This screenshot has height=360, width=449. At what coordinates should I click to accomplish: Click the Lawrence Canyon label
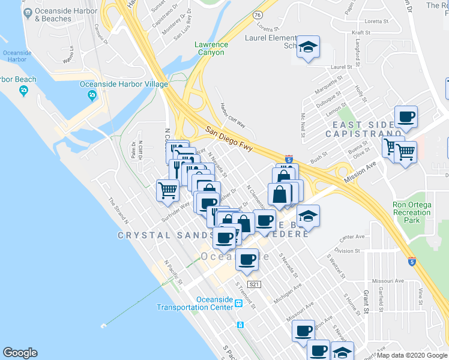pyautogui.click(x=211, y=48)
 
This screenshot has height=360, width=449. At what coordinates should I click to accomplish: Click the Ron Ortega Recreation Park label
pyautogui.click(x=412, y=212)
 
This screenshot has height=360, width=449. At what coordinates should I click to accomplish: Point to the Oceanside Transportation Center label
pyautogui.click(x=194, y=304)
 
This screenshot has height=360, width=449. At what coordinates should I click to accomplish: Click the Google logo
pyautogui.click(x=20, y=353)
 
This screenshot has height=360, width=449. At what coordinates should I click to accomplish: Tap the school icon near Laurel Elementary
pyautogui.click(x=308, y=47)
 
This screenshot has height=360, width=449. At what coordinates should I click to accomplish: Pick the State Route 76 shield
pyautogui.click(x=258, y=14)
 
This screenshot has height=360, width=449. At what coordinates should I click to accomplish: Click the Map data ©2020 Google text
pyautogui.click(x=412, y=355)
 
